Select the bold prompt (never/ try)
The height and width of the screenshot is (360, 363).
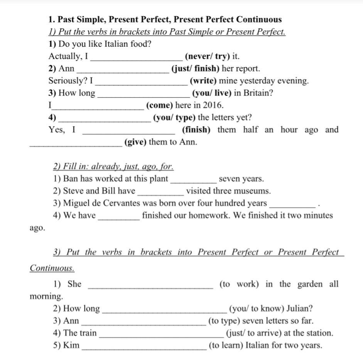(207, 56)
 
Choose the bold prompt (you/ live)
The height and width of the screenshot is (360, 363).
(211, 93)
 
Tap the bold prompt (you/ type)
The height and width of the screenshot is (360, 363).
(174, 117)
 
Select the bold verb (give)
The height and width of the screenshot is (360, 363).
(135, 142)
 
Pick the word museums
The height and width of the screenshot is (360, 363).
(253, 191)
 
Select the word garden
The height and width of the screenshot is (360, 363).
(310, 284)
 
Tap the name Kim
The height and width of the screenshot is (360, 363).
(71, 345)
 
